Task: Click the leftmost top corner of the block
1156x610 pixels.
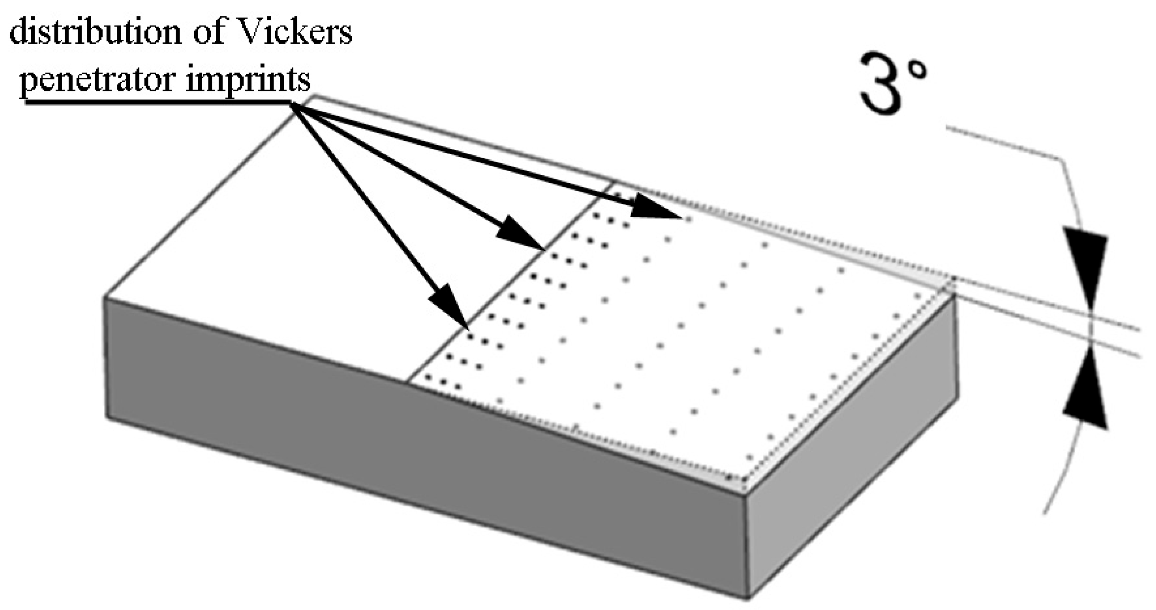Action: tap(105, 297)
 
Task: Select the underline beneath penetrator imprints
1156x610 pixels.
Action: tap(157, 102)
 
